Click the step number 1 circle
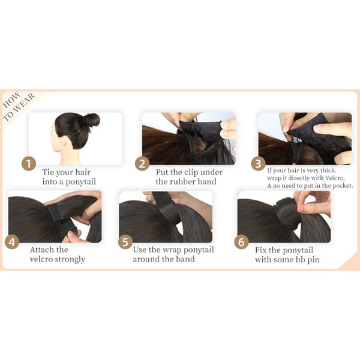(29, 164)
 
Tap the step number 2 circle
(142, 164)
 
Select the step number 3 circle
(258, 164)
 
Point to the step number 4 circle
(12, 242)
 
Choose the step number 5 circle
(125, 242)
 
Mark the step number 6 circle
(242, 242)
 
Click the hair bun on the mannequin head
(92, 119)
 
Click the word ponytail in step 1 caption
(80, 182)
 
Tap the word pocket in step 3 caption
(343, 186)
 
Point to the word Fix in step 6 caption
(261, 250)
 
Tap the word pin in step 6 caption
(313, 260)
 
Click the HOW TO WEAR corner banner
(19, 106)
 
